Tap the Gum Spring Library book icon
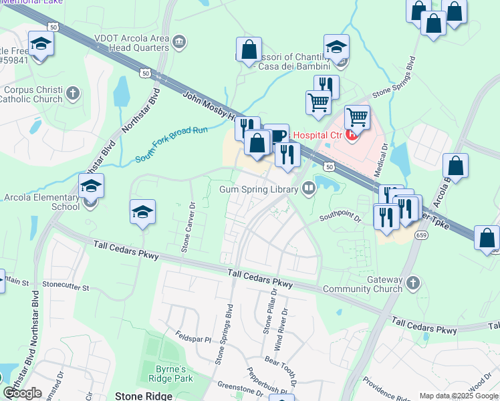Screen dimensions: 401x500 pos(308,188)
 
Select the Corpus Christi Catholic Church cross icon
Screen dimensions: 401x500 pos(73,93)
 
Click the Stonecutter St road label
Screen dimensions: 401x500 pos(66,287)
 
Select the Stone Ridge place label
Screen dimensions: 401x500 pos(144,396)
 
